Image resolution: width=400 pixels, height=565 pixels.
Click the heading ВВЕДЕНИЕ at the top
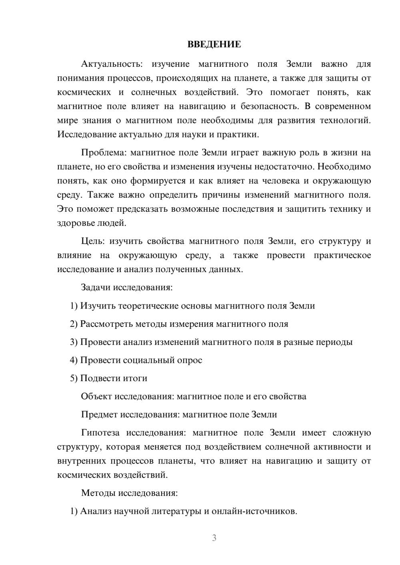coord(214,44)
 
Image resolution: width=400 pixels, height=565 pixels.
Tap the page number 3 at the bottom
coord(214,538)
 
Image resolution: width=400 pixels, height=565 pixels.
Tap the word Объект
coord(96,396)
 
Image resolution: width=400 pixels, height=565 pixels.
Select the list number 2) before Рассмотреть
coord(74,324)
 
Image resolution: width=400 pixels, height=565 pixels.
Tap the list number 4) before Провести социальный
coord(74,360)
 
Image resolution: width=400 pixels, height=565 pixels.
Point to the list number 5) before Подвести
coord(74,378)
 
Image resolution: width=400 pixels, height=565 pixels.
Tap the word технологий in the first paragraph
coord(345,120)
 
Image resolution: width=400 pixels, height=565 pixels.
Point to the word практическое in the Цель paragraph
coord(342,255)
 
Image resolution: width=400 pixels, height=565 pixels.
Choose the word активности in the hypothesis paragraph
coord(340,447)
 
